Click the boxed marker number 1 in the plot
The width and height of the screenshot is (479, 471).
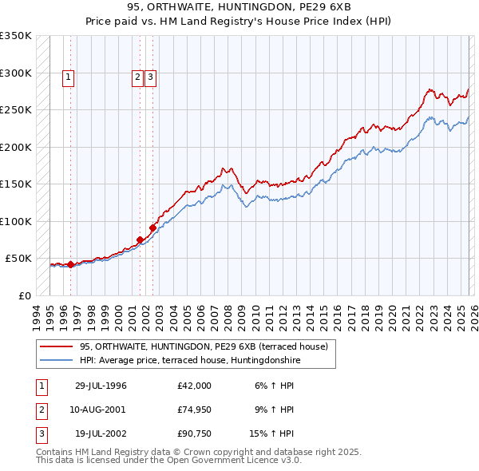pyautogui.click(x=69, y=77)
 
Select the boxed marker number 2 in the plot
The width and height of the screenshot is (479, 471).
pyautogui.click(x=138, y=77)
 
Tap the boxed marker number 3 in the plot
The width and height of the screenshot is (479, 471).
pyautogui.click(x=151, y=77)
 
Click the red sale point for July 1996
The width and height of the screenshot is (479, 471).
pyautogui.click(x=70, y=264)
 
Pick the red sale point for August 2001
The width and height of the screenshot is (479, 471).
pyautogui.click(x=140, y=239)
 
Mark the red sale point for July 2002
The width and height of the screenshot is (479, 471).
pyautogui.click(x=152, y=228)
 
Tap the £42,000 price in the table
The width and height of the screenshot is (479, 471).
pyautogui.click(x=195, y=386)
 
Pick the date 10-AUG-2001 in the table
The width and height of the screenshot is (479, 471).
pyautogui.click(x=101, y=410)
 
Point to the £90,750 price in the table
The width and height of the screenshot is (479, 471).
pyautogui.click(x=195, y=435)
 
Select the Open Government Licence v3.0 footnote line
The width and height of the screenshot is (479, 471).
pyautogui.click(x=168, y=461)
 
